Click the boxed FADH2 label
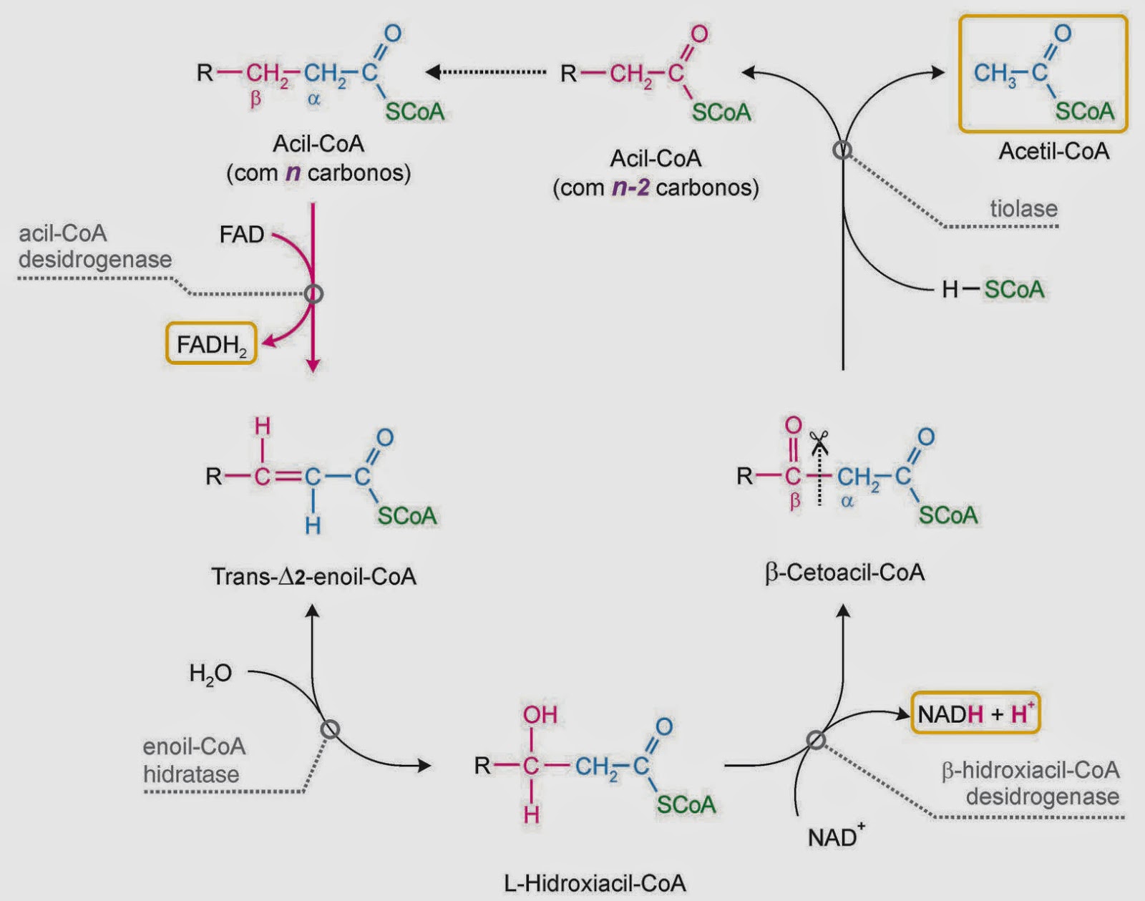pyautogui.click(x=211, y=344)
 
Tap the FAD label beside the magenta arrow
pyautogui.click(x=242, y=234)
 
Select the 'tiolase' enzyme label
pyautogui.click(x=1023, y=208)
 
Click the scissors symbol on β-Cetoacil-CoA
pyautogui.click(x=818, y=441)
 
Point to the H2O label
pyautogui.click(x=210, y=673)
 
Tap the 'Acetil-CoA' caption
pyautogui.click(x=1053, y=151)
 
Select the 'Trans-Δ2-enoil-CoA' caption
pyautogui.click(x=314, y=576)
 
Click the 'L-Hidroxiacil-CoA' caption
pyautogui.click(x=594, y=883)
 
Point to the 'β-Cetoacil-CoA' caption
pyautogui.click(x=844, y=573)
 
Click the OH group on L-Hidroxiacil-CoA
pyautogui.click(x=540, y=715)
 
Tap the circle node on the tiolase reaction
pyautogui.click(x=842, y=150)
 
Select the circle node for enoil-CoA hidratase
pyautogui.click(x=330, y=729)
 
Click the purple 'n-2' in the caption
pyautogui.click(x=630, y=187)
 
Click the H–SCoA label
pyautogui.click(x=993, y=290)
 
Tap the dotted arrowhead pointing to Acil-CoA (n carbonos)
pyautogui.click(x=433, y=72)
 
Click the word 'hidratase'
pyautogui.click(x=191, y=774)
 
